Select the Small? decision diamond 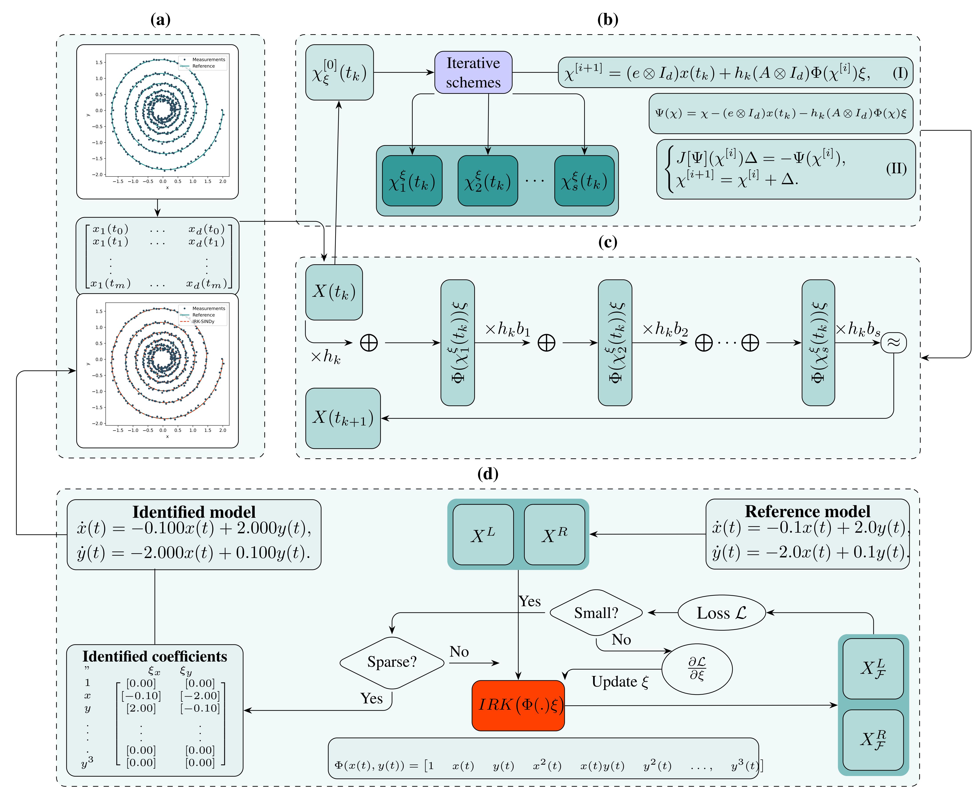pos(596,612)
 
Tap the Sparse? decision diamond pos(392,662)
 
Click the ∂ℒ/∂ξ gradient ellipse pos(697,669)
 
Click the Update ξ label pos(620,682)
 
